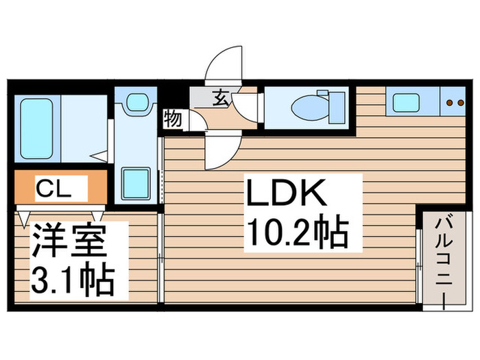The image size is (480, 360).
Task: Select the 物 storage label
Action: pos(173,120)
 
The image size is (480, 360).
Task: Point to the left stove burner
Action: pos(448,104)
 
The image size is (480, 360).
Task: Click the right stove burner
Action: pos(458,104)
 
